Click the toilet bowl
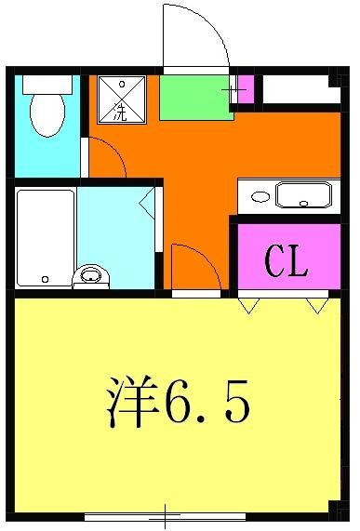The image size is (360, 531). point(46,116)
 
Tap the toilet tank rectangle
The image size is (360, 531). point(47,85)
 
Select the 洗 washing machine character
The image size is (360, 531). point(121,113)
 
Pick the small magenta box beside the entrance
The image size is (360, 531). point(245,89)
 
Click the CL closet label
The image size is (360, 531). point(287,262)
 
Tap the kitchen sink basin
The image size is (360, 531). point(303,196)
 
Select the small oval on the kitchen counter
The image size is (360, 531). point(261,197)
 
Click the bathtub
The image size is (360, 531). point(45,238)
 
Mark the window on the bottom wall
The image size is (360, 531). point(165,515)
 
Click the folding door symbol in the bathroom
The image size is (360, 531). point(149,203)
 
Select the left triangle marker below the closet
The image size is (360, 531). point(248,305)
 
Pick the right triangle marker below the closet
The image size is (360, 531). point(318,305)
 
